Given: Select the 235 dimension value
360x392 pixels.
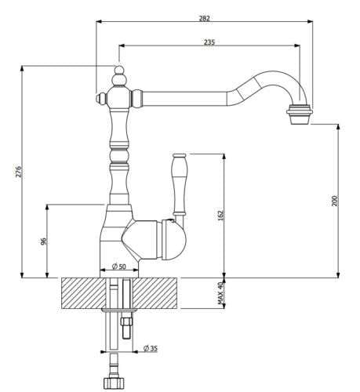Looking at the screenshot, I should coord(209,42).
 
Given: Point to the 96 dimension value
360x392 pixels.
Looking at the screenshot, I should coord(43,241).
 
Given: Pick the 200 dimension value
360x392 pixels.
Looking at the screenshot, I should coord(333,201).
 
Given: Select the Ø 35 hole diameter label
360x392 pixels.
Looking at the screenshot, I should coord(151,347).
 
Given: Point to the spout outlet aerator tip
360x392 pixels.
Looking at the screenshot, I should coord(299,114).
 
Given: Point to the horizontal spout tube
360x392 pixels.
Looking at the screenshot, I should coord(188,98).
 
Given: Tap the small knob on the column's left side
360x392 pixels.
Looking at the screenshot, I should coord(100,98).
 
